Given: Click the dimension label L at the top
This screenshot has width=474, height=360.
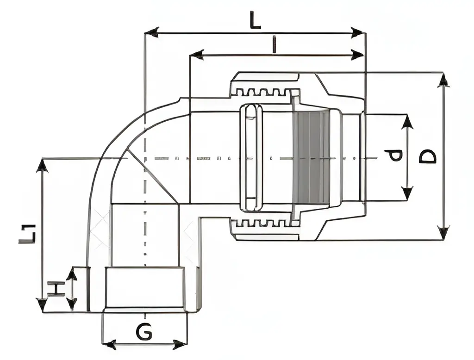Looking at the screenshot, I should click(255, 20).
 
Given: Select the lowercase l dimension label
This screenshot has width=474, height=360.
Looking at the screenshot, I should click(274, 45).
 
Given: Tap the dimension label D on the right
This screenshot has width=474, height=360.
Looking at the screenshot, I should click(428, 156).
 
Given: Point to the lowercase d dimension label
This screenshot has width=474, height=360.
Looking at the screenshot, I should click(394, 155).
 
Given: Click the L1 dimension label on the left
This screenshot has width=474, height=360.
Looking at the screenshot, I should click(27, 233).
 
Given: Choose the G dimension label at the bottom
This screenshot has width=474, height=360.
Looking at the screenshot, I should click(144, 331).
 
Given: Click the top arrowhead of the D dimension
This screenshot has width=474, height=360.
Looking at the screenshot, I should click(443, 80).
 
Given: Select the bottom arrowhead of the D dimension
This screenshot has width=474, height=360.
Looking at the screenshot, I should click(443, 232).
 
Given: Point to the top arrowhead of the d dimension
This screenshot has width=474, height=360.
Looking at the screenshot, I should click(407, 122).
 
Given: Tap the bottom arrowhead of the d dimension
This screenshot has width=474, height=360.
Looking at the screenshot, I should click(407, 193).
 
